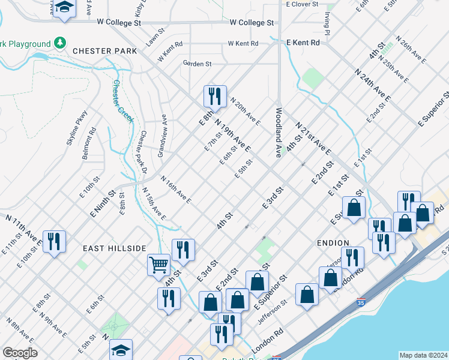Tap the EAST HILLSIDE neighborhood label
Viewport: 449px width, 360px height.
[114, 248]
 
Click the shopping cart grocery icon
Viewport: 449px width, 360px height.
[158, 264]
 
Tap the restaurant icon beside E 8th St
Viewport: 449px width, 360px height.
[215, 95]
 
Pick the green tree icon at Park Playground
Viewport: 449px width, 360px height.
[59, 43]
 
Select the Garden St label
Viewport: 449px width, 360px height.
[197, 64]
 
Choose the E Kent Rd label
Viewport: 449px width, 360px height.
[307, 43]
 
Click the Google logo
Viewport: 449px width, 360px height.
[20, 353]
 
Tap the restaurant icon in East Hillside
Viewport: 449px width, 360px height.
[55, 242]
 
